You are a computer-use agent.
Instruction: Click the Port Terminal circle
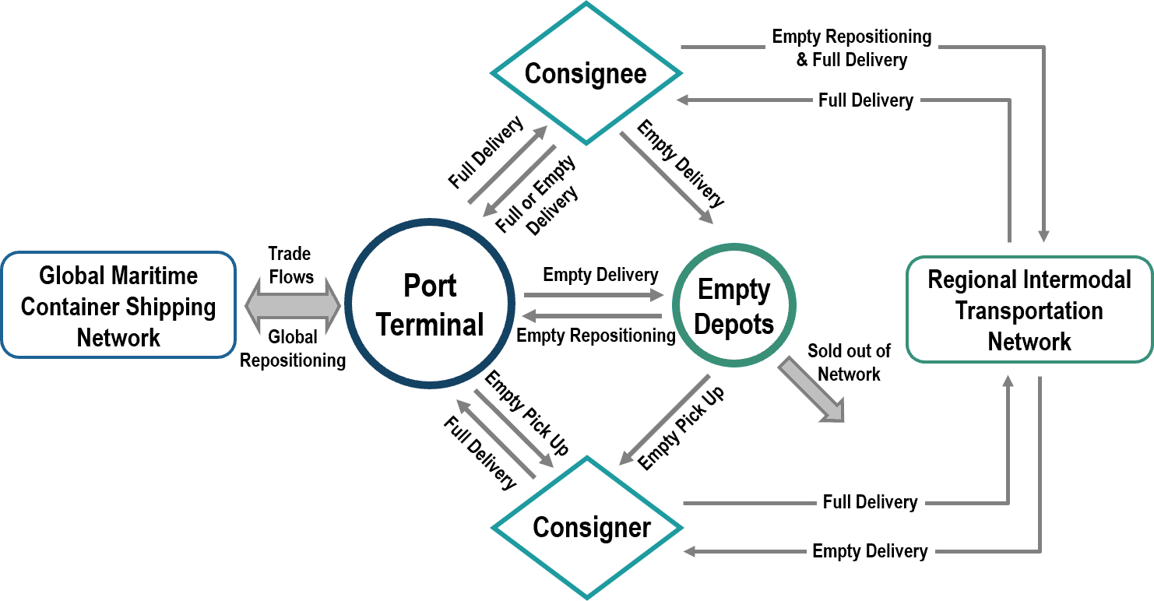pyautogui.click(x=430, y=304)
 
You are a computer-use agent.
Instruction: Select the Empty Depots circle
pyautogui.click(x=734, y=305)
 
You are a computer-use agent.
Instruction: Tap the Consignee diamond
pyautogui.click(x=586, y=74)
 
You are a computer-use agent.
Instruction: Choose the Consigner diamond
pyautogui.click(x=586, y=527)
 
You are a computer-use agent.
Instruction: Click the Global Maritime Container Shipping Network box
pyautogui.click(x=118, y=305)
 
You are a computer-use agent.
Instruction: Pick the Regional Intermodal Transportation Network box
pyautogui.click(x=1029, y=310)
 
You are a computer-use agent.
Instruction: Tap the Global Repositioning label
pyautogui.click(x=293, y=349)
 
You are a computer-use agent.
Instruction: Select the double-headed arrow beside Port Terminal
pyautogui.click(x=293, y=306)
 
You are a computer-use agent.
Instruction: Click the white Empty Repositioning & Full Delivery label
pyautogui.click(x=851, y=47)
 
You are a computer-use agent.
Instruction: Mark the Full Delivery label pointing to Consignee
pyautogui.click(x=866, y=100)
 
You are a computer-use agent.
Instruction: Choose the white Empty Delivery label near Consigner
pyautogui.click(x=870, y=551)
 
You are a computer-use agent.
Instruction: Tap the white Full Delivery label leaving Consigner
pyautogui.click(x=870, y=502)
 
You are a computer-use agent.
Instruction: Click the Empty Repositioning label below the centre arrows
pyautogui.click(x=596, y=336)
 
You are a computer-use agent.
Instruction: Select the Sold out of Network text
pyautogui.click(x=849, y=363)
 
